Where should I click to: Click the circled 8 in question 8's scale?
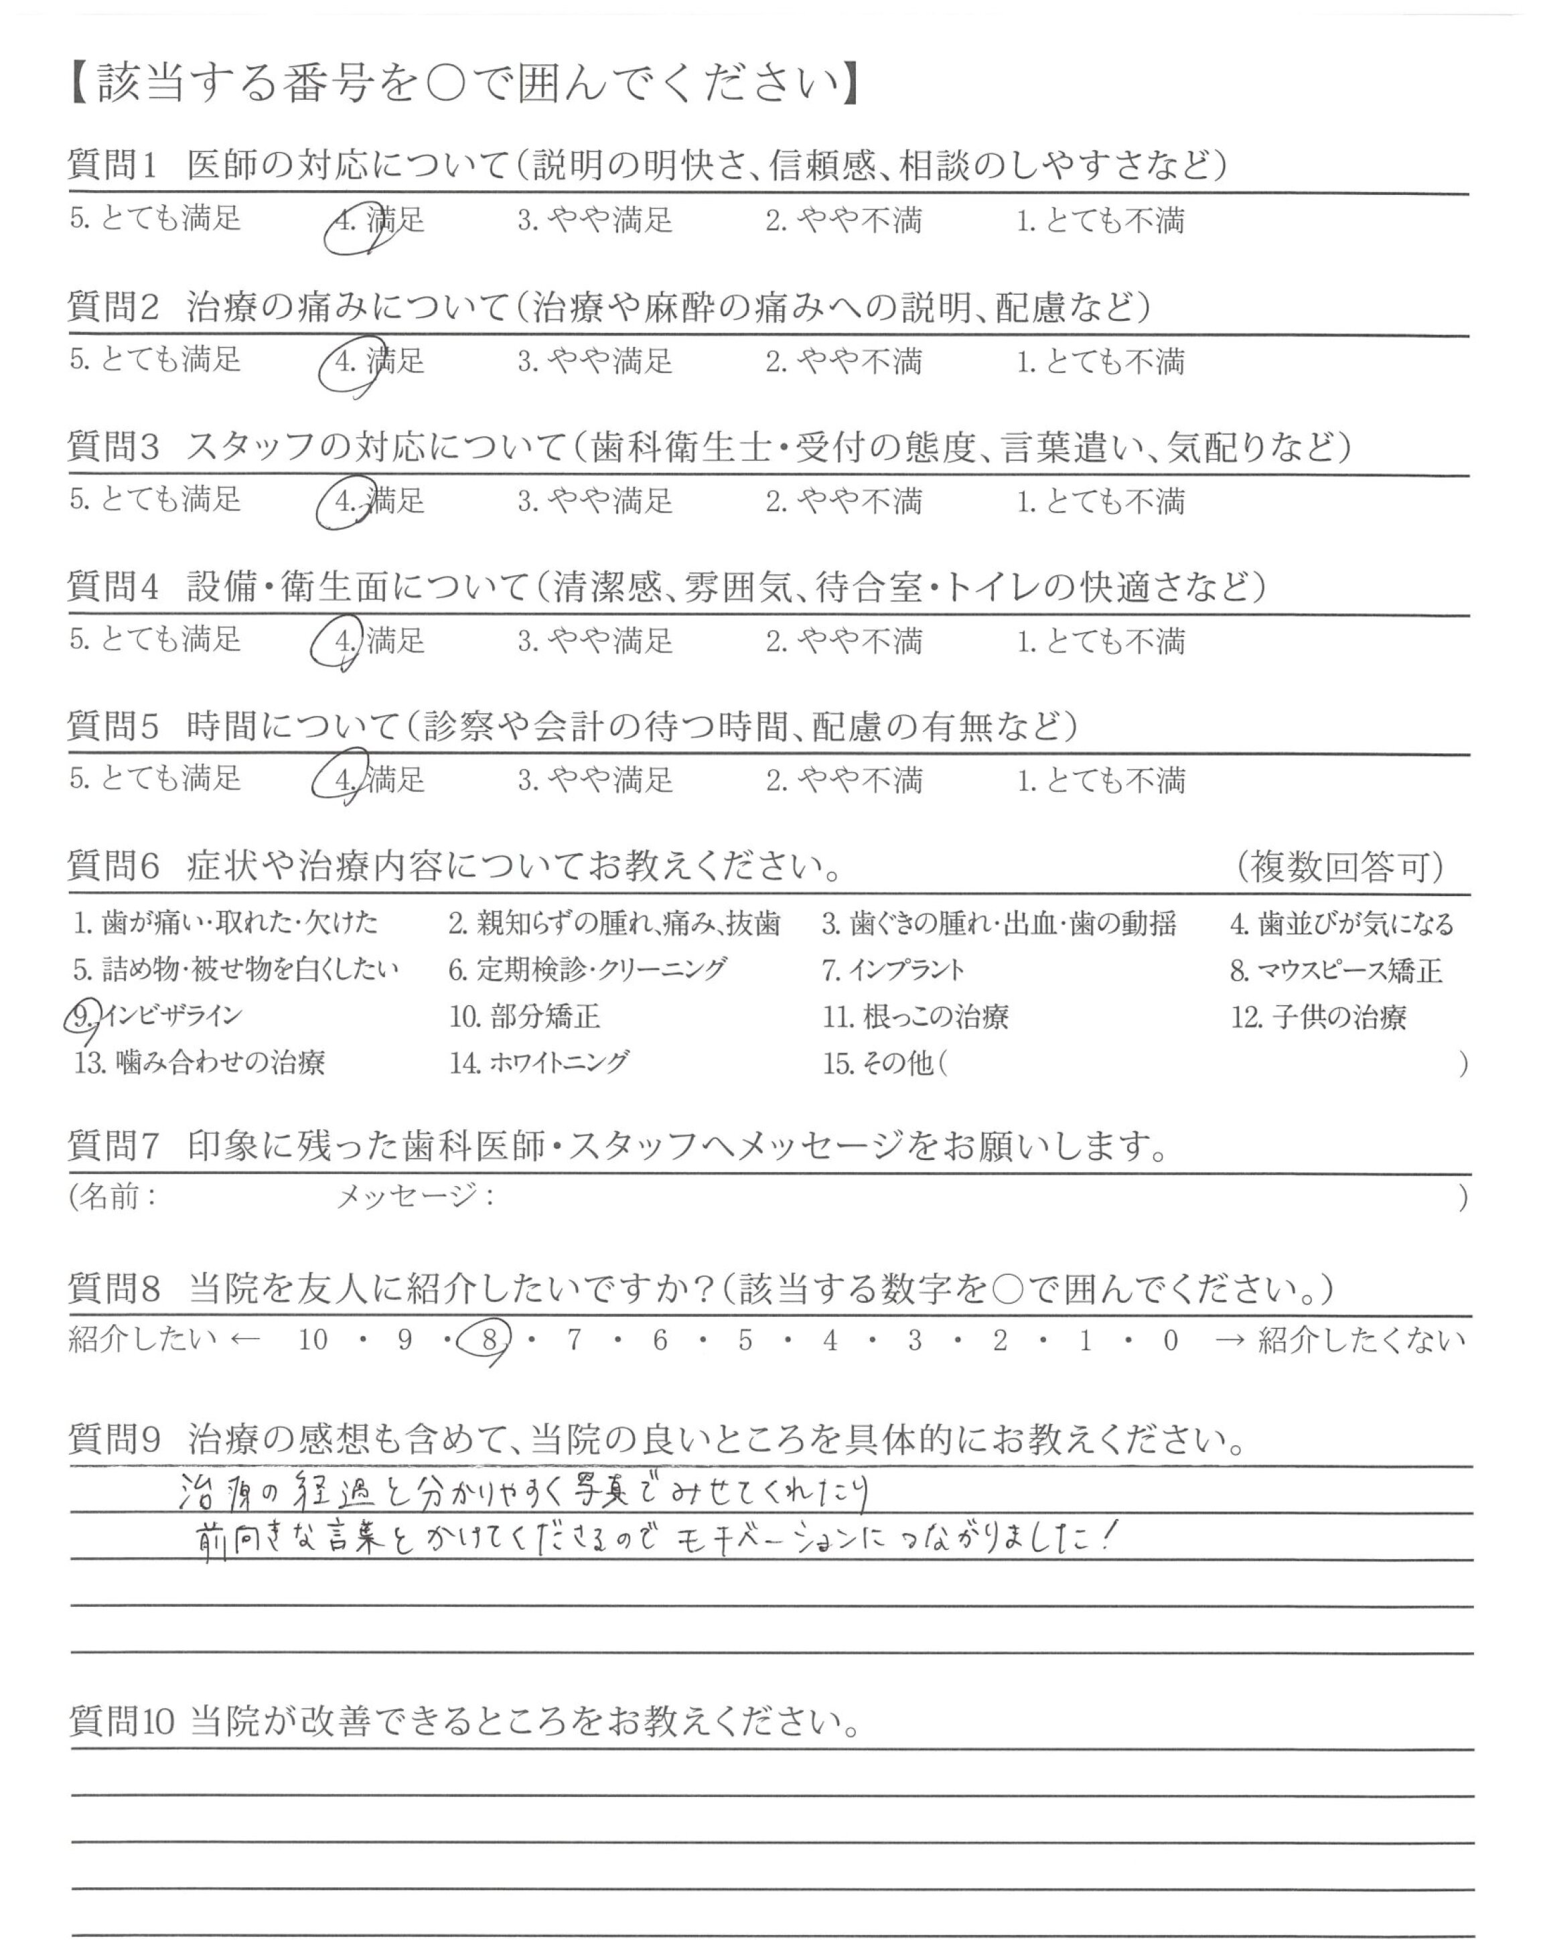pos(490,1340)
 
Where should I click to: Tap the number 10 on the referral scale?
pos(313,1340)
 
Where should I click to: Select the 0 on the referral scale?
pos(1171,1340)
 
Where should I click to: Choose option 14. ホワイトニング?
pos(538,1063)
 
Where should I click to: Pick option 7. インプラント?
pos(893,970)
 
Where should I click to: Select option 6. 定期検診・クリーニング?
pos(587,970)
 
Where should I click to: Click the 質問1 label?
pos(114,165)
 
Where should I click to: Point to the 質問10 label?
pos(121,1721)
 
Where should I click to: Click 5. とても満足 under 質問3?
pos(155,500)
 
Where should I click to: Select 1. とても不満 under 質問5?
pos(1100,780)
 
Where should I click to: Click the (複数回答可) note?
pos(1339,867)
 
